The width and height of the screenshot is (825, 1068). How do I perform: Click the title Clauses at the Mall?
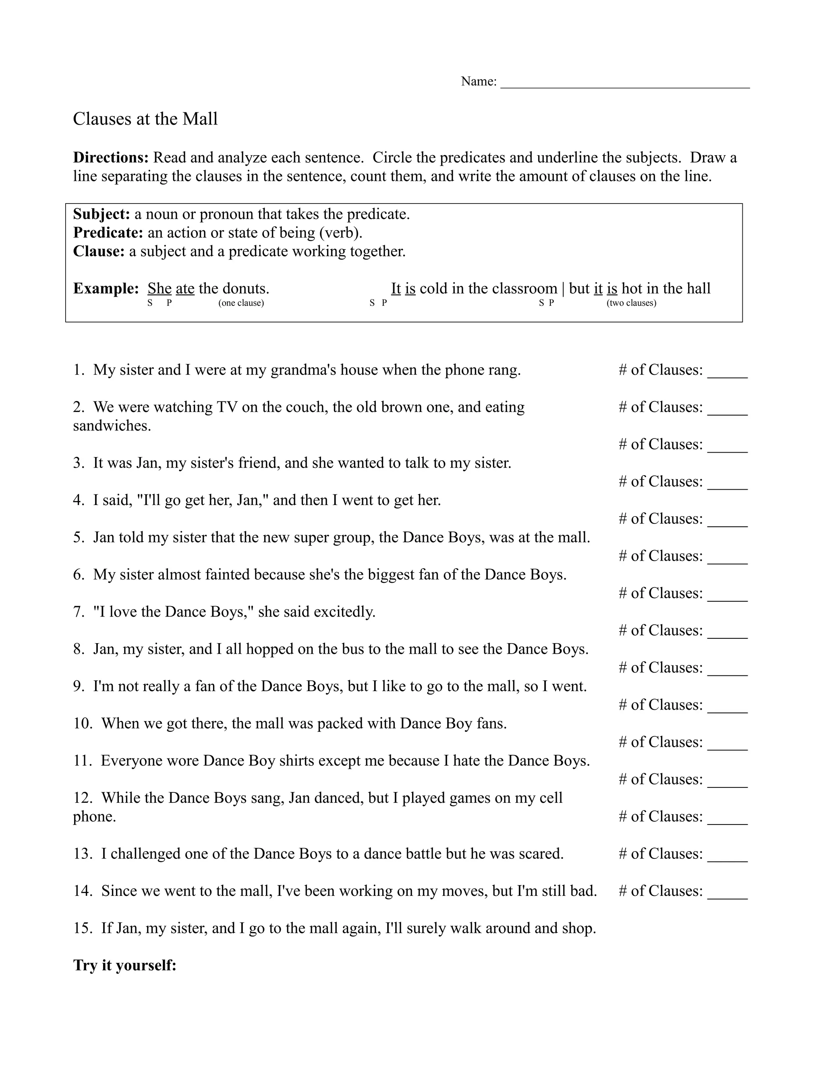145,119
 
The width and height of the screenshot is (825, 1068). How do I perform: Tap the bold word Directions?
111,158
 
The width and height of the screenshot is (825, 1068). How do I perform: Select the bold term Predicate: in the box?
108,233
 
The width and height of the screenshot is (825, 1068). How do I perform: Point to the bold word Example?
106,289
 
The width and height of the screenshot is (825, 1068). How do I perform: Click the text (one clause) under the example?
241,303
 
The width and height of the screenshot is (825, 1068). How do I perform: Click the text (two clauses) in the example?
631,303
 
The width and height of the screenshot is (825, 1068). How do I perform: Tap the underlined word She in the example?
160,289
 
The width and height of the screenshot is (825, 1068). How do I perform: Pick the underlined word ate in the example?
185,289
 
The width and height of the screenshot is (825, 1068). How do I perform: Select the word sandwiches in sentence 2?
112,426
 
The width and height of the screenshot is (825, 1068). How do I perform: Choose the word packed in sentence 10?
340,723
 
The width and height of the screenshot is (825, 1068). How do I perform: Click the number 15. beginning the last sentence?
83,928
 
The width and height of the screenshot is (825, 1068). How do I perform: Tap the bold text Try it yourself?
124,965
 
